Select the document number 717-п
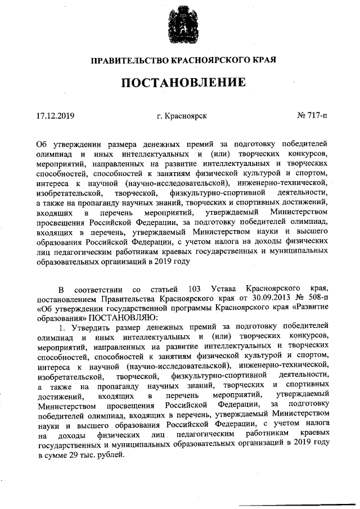pyautogui.click(x=315, y=116)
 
